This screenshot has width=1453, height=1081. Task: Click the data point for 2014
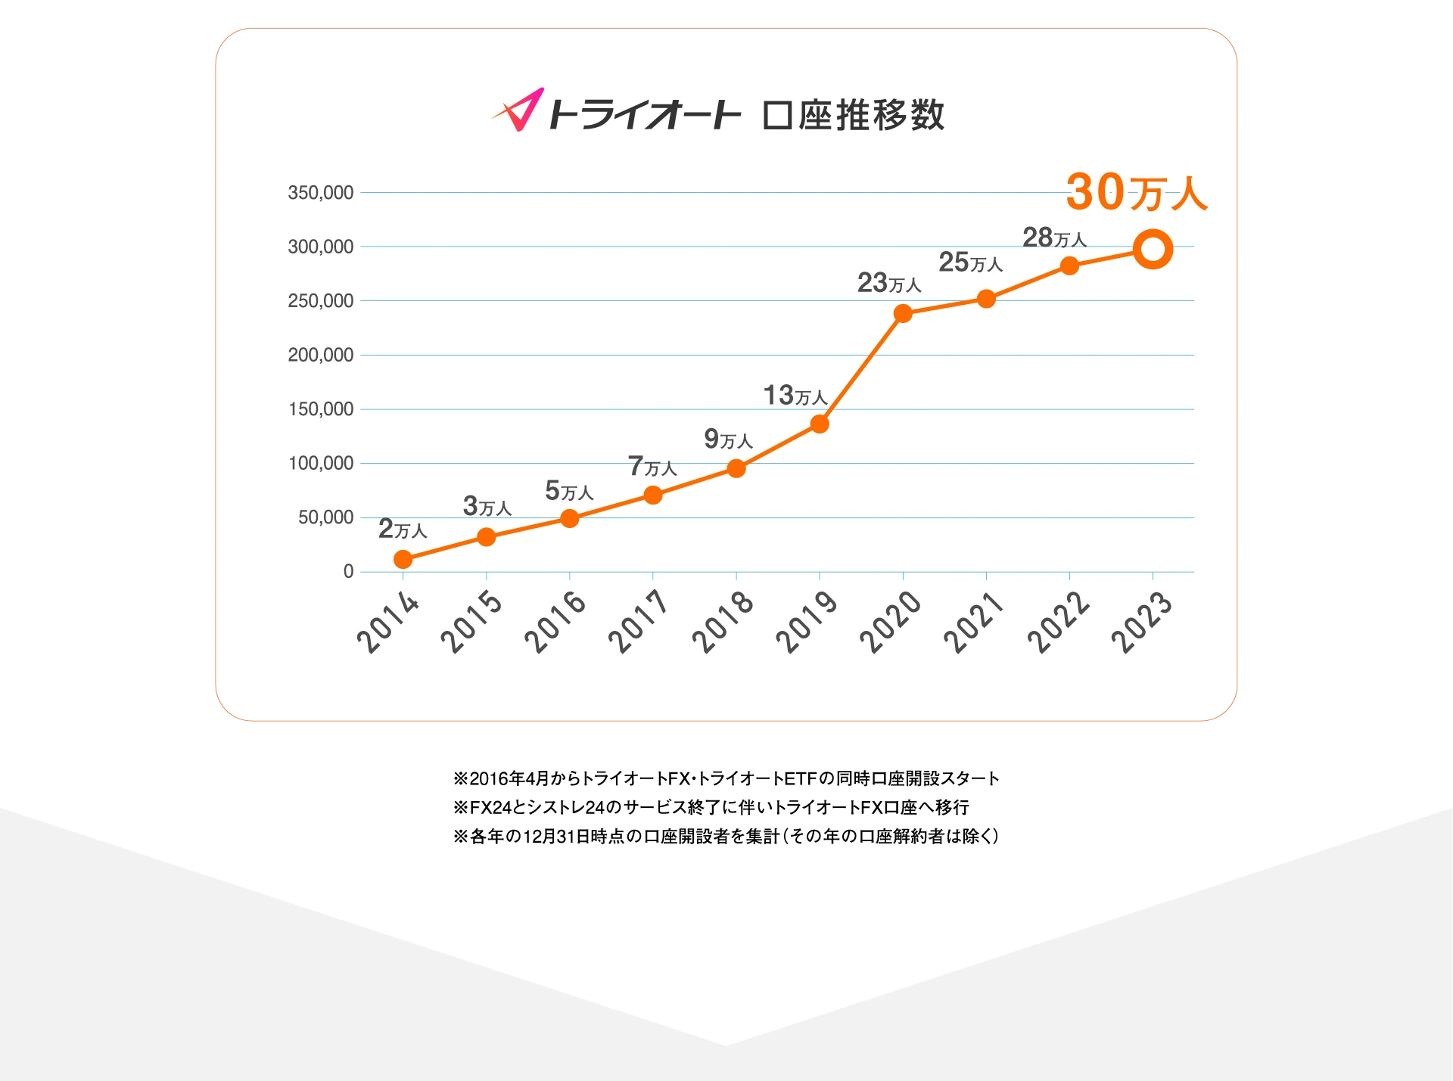point(403,559)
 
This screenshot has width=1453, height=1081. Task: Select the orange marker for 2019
point(820,424)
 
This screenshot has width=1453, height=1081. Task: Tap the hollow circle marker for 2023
point(1153,250)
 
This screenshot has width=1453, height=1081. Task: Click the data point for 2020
point(903,313)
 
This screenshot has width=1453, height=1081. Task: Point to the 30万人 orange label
point(1136,192)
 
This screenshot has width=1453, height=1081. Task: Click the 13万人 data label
point(795,396)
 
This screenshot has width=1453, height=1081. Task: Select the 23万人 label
point(889,283)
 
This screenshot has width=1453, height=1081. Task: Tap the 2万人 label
point(403,529)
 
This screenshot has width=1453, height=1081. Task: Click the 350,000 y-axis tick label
point(321,193)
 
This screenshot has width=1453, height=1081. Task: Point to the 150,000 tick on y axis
point(321,409)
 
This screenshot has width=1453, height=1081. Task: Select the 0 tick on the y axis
point(348,572)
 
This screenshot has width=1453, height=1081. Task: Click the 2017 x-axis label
point(638,622)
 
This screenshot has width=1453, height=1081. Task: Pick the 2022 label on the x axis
point(1058,622)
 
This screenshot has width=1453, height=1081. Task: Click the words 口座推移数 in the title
point(853,115)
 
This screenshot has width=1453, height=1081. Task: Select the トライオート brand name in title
point(644,115)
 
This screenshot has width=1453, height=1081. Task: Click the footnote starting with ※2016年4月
point(726,778)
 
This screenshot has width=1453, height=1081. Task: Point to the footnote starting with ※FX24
point(711,807)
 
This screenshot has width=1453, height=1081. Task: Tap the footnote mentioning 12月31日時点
point(726,836)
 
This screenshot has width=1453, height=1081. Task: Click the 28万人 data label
point(1054,238)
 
